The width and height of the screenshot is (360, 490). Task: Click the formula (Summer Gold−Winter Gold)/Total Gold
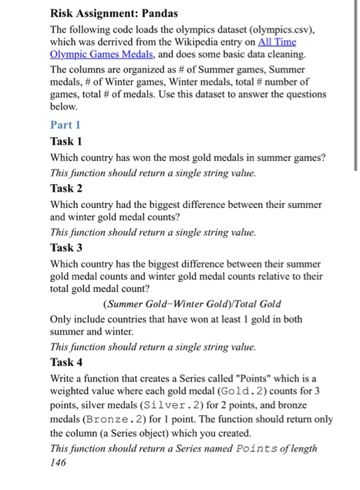[192, 303]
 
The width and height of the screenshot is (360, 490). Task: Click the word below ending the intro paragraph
[64, 109]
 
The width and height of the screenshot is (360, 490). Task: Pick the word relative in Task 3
[272, 276]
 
